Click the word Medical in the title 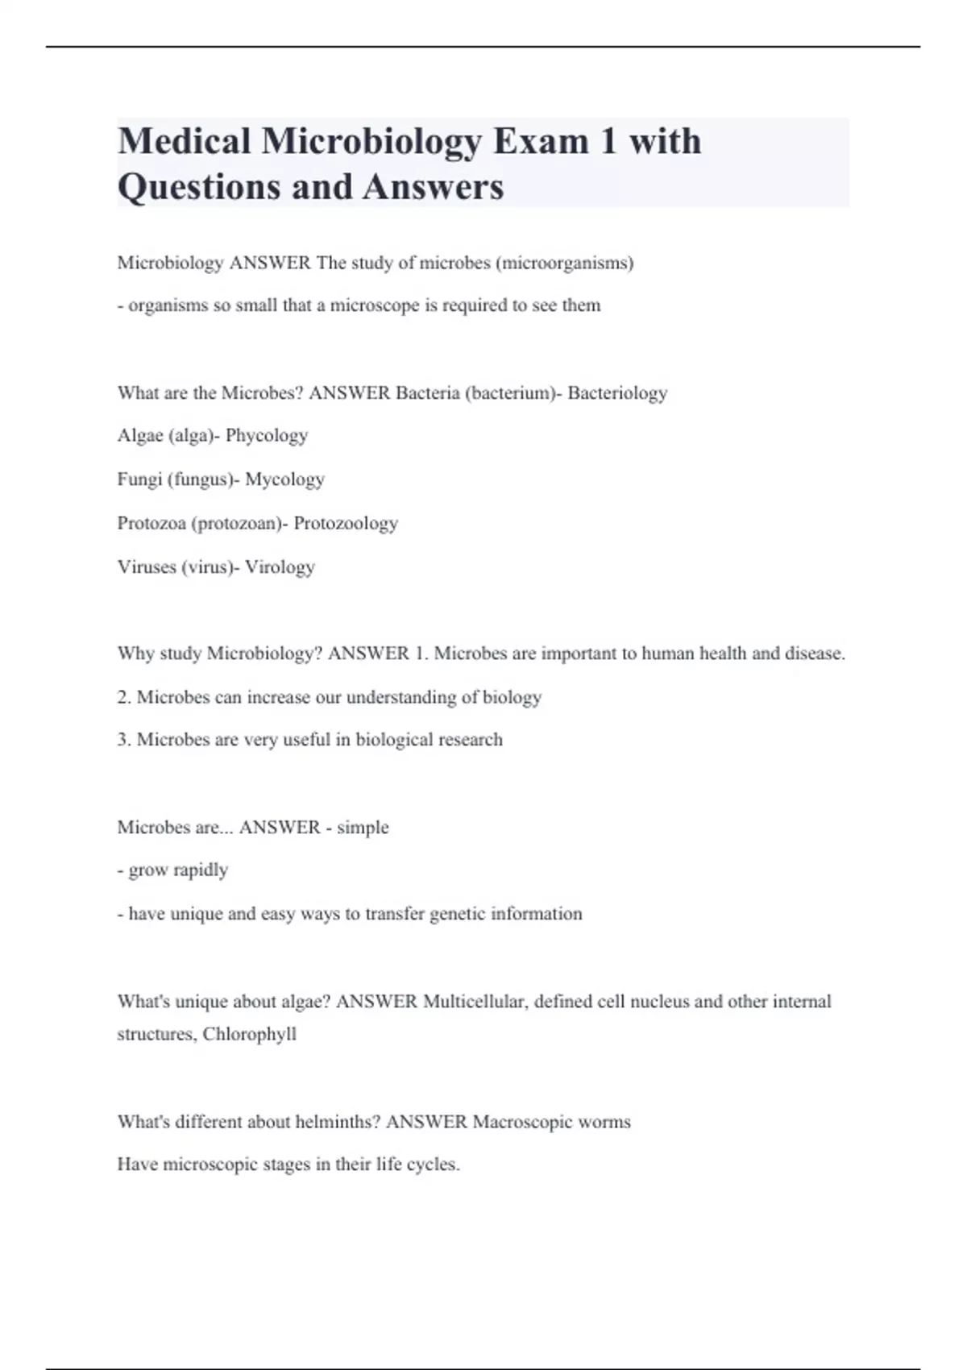pyautogui.click(x=185, y=141)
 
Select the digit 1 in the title pyautogui.click(x=608, y=141)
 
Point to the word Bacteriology pyautogui.click(x=617, y=392)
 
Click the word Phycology pyautogui.click(x=267, y=436)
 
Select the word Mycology pyautogui.click(x=284, y=479)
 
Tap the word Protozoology pyautogui.click(x=346, y=523)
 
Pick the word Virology pyautogui.click(x=280, y=567)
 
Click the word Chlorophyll pyautogui.click(x=250, y=1034)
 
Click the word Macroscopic pyautogui.click(x=521, y=1122)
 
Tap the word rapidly pyautogui.click(x=201, y=870)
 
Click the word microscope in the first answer pyautogui.click(x=375, y=305)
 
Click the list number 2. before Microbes pyautogui.click(x=124, y=697)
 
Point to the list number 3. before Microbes pyautogui.click(x=124, y=740)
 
